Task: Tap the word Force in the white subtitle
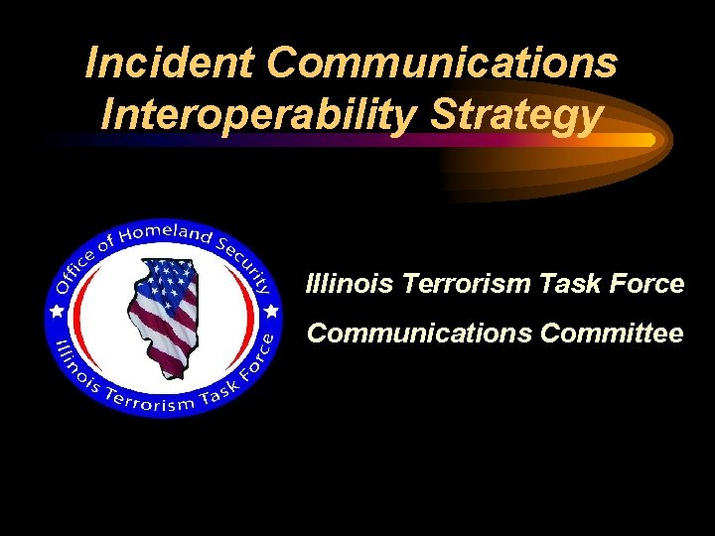coord(646,284)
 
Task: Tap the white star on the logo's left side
coord(56,312)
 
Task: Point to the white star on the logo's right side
coord(270,311)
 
